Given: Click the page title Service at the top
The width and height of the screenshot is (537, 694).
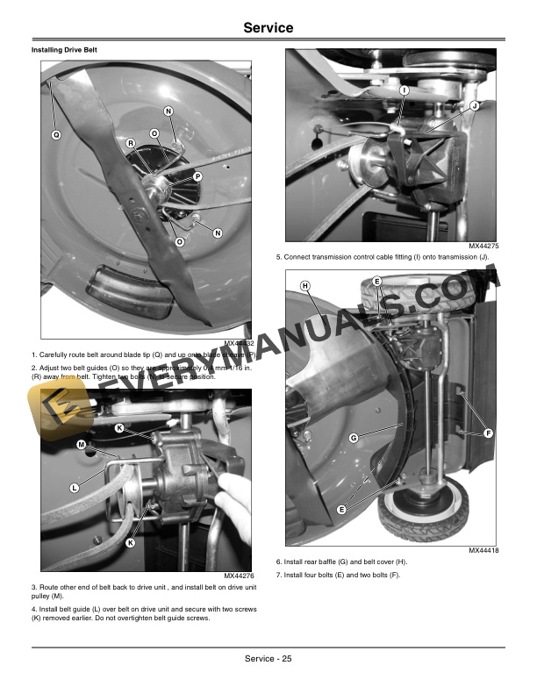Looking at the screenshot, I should tap(268, 28).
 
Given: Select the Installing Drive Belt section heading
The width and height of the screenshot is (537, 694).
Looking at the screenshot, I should tap(64, 51).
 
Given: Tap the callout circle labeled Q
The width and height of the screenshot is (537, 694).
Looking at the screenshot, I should tap(55, 135).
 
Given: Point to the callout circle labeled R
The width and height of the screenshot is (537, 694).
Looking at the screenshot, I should tap(130, 143).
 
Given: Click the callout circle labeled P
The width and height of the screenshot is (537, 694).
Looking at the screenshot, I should tap(197, 176).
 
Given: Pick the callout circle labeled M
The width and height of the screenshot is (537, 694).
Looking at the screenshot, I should tap(81, 445).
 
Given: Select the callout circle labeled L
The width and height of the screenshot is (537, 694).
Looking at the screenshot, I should tap(75, 487).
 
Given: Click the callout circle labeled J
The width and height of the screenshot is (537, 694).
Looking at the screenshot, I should tap(474, 106).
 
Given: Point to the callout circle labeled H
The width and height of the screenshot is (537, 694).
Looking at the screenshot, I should tap(305, 286).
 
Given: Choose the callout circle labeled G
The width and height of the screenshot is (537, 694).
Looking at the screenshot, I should tap(353, 437).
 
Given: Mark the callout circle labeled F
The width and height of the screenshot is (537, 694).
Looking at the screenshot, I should tap(488, 434).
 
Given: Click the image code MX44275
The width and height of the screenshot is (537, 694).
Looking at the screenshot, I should tap(483, 247).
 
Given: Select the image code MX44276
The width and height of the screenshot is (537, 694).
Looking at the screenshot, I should tap(234, 576).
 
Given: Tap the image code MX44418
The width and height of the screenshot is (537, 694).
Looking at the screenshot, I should tap(483, 550).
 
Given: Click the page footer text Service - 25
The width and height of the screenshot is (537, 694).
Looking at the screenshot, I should tap(268, 659).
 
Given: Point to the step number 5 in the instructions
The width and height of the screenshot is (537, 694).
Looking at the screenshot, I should tap(278, 257).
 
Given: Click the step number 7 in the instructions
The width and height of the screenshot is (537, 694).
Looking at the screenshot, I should tap(278, 574).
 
